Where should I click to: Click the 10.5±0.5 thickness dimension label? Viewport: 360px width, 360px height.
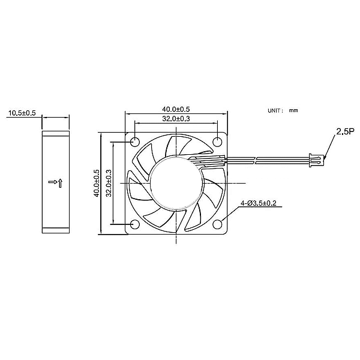pos(21,113)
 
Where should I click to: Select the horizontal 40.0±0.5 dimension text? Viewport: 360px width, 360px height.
pos(176,109)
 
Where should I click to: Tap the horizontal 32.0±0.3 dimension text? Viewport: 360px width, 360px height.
pos(176,119)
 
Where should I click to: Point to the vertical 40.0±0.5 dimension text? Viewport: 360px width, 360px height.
pos(96,183)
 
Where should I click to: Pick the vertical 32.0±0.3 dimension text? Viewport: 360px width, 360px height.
pos(109,183)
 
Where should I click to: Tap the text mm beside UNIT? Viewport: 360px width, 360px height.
pos(293,111)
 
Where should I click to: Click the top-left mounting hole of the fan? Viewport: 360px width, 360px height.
pos(134,142)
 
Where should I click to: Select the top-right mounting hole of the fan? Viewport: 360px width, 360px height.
pos(217,142)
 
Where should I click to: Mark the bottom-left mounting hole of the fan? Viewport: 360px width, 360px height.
pos(134,224)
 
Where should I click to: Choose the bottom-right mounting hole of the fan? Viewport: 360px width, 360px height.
pos(217,224)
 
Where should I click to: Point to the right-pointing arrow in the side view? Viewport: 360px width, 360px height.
pos(52,181)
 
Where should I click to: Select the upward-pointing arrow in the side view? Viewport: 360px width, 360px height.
pos(60,182)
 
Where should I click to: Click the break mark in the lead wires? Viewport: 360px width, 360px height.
pos(256,160)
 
